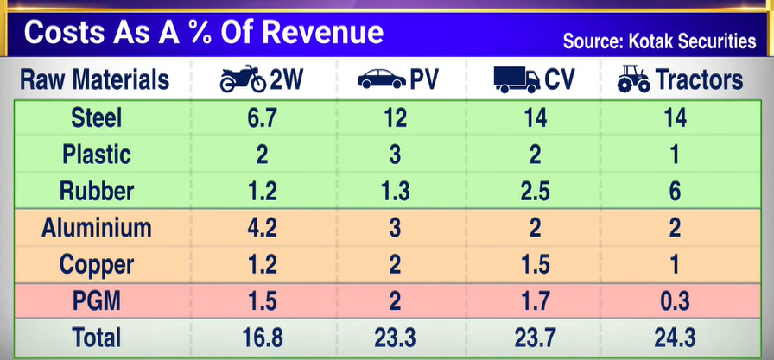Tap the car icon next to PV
click(x=381, y=80)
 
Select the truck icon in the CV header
click(x=516, y=80)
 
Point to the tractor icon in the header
click(x=635, y=80)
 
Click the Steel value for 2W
click(x=262, y=117)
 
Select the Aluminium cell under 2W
click(x=262, y=229)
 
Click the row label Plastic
click(x=98, y=155)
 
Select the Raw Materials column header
click(x=94, y=80)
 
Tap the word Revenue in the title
click(x=323, y=32)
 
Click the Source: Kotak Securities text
click(x=660, y=41)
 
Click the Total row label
click(x=98, y=338)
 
